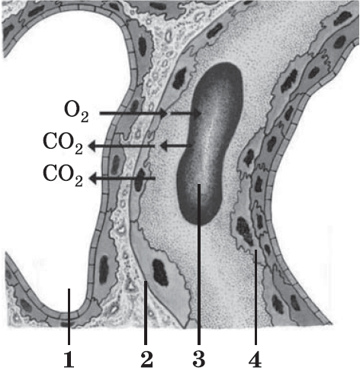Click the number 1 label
(x=69, y=360)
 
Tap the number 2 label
(x=146, y=360)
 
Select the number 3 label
(x=199, y=360)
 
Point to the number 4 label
(x=256, y=360)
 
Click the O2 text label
(x=76, y=111)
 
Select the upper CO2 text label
(x=63, y=144)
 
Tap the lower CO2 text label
(x=63, y=176)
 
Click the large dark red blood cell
(x=210, y=144)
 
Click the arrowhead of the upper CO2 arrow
(x=92, y=146)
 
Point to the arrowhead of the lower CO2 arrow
(x=92, y=179)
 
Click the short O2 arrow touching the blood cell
(x=186, y=113)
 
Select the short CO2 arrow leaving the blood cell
(x=175, y=146)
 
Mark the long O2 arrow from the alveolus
(x=133, y=113)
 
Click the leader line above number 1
(x=69, y=317)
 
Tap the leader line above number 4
(x=256, y=297)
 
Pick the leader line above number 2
(x=146, y=313)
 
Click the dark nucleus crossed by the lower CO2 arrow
(x=139, y=180)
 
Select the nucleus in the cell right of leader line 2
(x=160, y=272)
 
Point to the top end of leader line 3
(x=199, y=185)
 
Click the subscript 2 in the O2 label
(x=85, y=118)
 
